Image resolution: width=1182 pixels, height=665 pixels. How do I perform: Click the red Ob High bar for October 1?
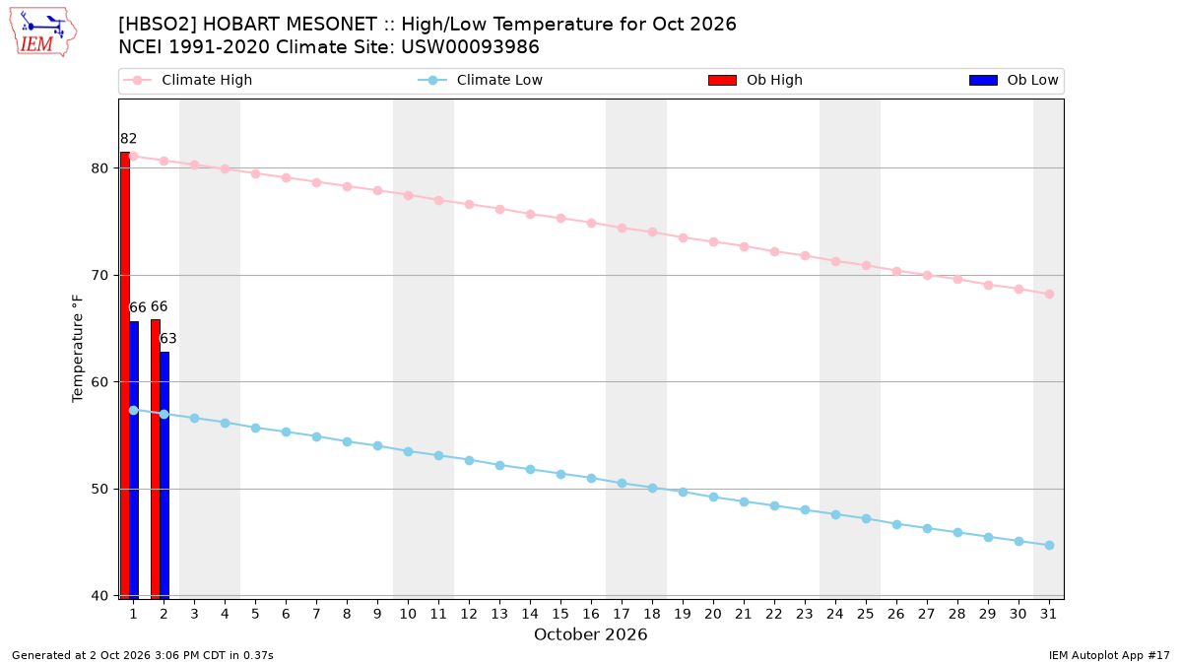pos(125,375)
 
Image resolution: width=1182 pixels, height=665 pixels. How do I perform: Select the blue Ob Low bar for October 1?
pos(134,460)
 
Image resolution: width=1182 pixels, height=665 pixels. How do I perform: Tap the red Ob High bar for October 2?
pos(156,459)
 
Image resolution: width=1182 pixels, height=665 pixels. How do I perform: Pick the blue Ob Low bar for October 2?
pos(164,476)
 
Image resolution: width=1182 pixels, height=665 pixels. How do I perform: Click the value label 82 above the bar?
pos(129,139)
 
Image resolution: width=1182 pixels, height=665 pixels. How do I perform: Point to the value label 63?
pos(167,338)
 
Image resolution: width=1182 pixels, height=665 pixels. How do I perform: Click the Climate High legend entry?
pos(187,80)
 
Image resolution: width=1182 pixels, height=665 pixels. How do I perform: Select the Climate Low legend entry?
pos(481,80)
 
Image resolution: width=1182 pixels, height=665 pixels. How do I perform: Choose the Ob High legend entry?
pos(755,80)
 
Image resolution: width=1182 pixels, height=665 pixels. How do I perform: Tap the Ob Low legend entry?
pos(1014,80)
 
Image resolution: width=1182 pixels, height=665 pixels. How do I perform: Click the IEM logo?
pos(42,33)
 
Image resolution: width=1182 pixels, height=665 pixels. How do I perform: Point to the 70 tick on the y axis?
pos(99,276)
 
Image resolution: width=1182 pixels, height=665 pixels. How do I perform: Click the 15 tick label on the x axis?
pos(560,614)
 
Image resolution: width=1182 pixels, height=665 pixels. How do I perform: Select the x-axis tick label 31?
pos(1048,614)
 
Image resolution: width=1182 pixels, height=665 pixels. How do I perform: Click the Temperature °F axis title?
pos(78,349)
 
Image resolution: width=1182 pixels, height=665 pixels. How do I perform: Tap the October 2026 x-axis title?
pos(590,634)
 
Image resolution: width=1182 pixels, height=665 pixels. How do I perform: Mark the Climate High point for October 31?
pos(1049,294)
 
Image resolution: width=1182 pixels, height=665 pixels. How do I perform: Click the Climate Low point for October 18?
pos(652,489)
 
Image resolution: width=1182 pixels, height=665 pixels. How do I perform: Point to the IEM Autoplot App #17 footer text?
pos(1109,655)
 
